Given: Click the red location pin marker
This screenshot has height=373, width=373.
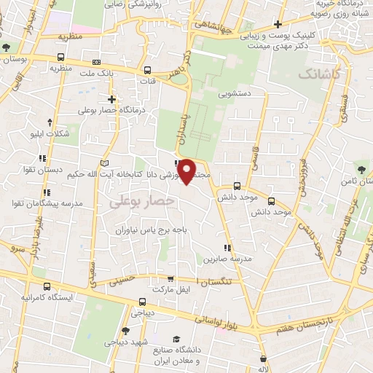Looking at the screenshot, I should tap(188, 170).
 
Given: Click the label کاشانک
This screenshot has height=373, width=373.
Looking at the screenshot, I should tap(318, 74).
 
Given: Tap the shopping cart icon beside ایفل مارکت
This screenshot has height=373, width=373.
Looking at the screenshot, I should tap(170, 278).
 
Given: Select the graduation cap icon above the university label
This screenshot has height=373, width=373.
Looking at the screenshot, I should tap(176, 339).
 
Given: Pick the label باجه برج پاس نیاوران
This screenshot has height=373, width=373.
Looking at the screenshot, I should tap(150, 229).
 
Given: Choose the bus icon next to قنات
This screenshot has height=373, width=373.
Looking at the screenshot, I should tap(148, 71).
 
